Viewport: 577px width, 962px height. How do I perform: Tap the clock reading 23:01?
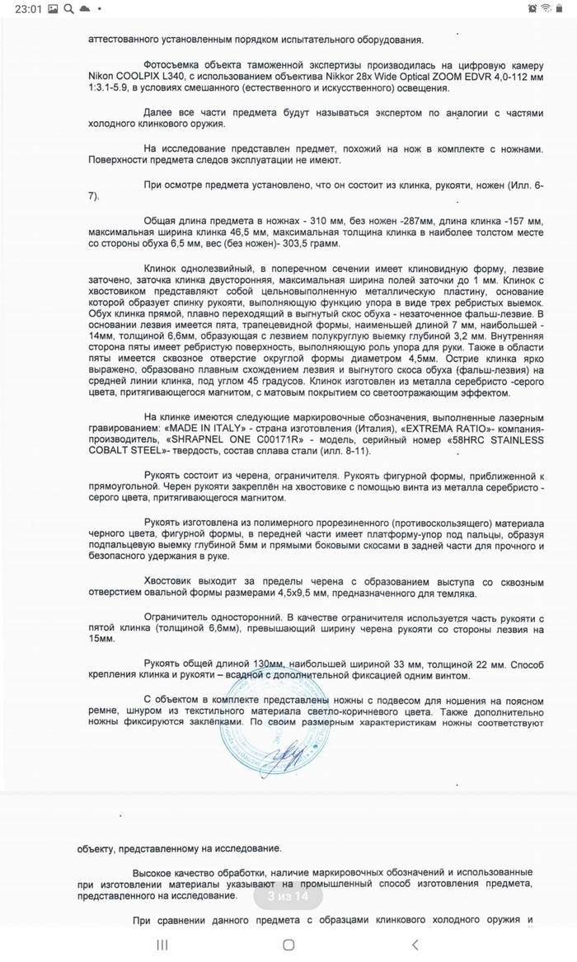tap(16, 9)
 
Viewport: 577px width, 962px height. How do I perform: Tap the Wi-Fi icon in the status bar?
tap(545, 9)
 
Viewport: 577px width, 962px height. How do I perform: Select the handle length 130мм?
tap(269, 664)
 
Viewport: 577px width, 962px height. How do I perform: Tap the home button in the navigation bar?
tap(288, 945)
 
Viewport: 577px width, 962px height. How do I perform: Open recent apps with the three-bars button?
tap(162, 945)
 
